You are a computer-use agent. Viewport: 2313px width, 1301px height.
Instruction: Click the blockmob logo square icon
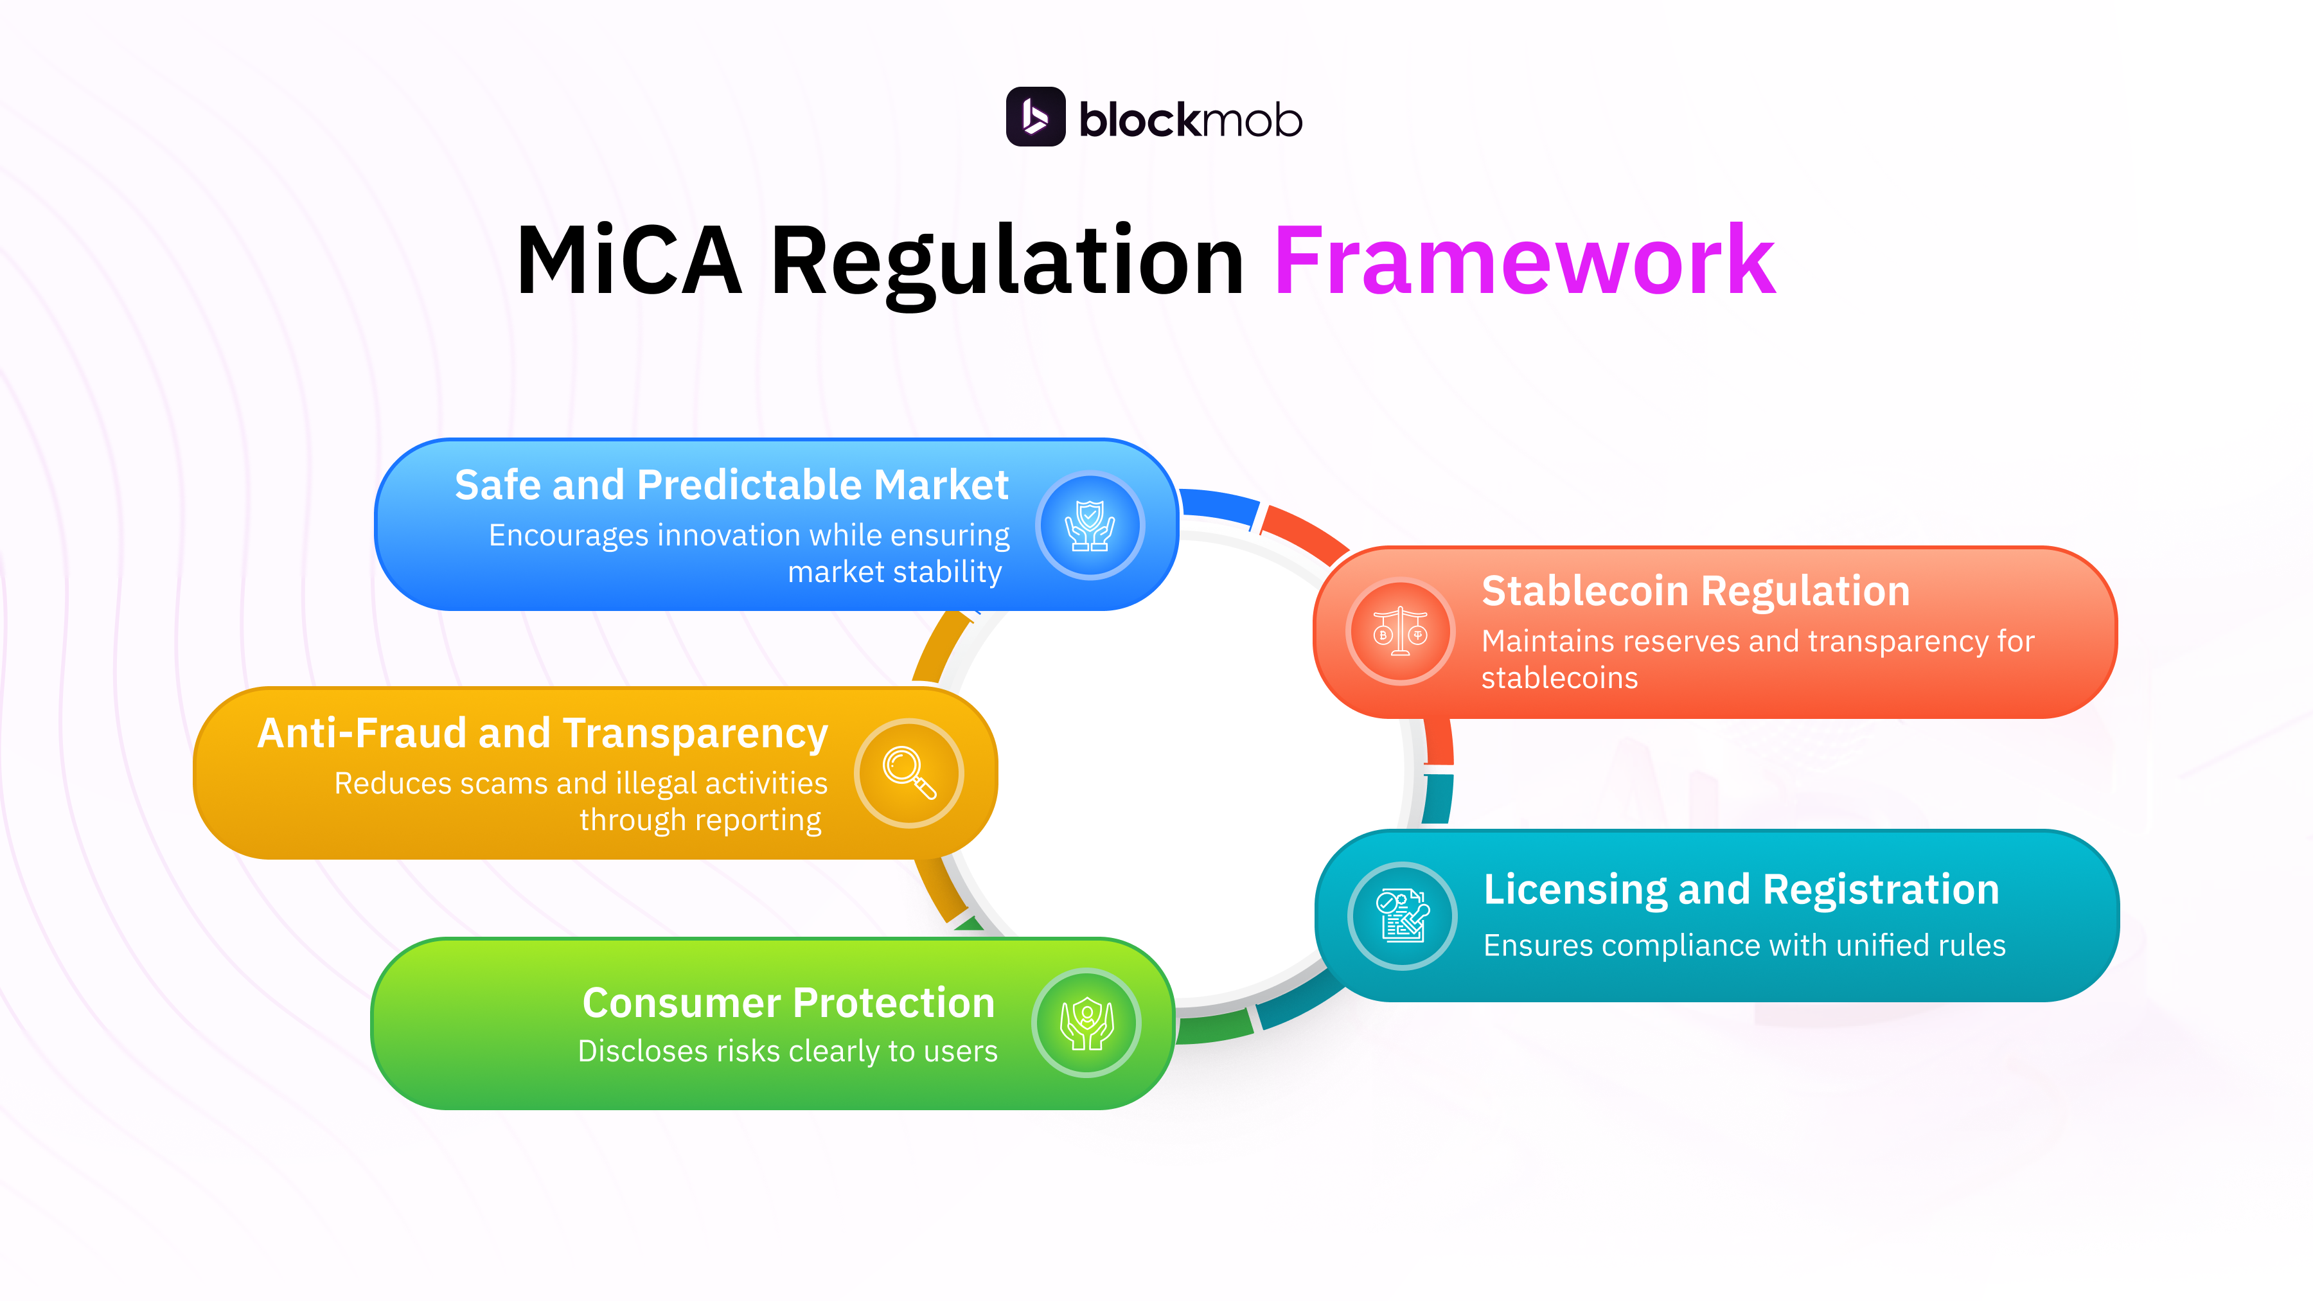(x=1035, y=117)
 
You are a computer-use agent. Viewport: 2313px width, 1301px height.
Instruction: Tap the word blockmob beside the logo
(x=1190, y=120)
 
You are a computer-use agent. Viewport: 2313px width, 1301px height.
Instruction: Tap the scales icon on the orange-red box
(x=1400, y=631)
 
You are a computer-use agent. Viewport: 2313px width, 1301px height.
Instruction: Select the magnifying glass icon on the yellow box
(x=908, y=772)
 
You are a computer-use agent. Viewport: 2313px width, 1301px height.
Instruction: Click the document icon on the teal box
(x=1402, y=915)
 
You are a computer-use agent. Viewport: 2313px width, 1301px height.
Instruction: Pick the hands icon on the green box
(x=1086, y=1023)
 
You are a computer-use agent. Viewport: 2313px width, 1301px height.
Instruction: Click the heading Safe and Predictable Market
(x=731, y=485)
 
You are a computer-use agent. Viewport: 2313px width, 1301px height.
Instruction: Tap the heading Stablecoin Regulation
(x=1696, y=591)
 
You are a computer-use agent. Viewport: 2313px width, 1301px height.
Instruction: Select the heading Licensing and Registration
(x=1741, y=889)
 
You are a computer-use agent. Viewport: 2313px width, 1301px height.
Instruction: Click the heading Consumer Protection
(x=788, y=1002)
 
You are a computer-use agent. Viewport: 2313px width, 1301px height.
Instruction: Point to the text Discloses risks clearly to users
(x=788, y=1050)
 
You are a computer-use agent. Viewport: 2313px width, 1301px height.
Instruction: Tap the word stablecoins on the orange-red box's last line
(x=1559, y=678)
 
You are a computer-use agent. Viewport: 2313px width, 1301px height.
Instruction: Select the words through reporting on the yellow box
(x=700, y=820)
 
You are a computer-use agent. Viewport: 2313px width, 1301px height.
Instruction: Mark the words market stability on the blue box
(x=894, y=572)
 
